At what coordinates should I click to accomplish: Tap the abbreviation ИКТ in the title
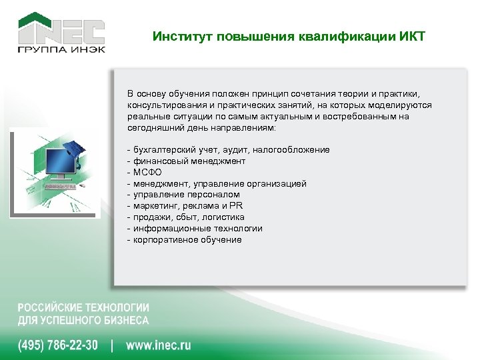(412, 36)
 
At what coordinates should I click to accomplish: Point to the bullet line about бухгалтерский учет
(231, 150)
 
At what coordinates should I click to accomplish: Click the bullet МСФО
(147, 172)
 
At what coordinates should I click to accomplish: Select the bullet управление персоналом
(186, 195)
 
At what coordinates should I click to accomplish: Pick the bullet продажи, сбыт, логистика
(189, 217)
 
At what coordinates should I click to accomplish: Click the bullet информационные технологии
(197, 229)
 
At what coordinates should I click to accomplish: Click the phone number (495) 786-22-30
(58, 345)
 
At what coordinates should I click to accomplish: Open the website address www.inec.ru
(158, 345)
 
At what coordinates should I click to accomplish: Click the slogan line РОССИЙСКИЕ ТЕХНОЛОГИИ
(83, 308)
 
